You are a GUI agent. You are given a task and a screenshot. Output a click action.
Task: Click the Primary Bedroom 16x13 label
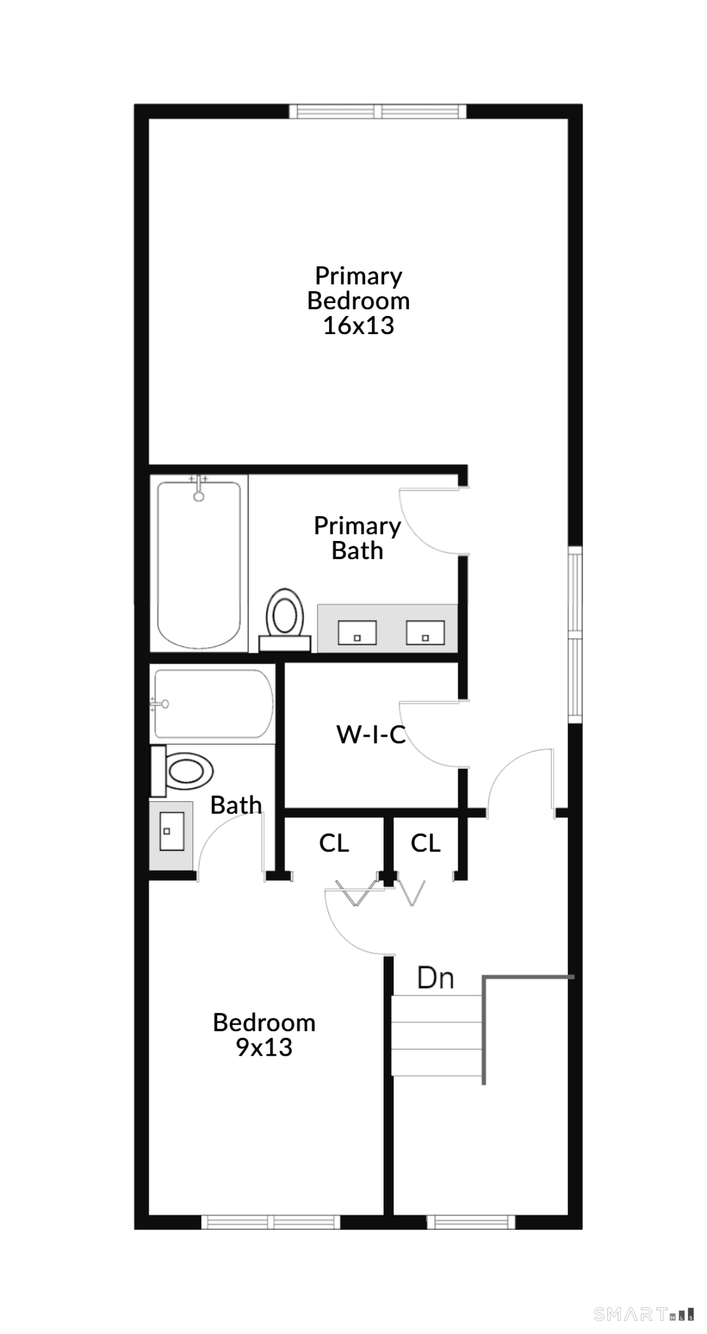tap(359, 301)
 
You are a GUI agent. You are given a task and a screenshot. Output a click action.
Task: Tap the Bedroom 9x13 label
tap(264, 1035)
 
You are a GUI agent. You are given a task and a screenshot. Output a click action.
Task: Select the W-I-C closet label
tap(371, 735)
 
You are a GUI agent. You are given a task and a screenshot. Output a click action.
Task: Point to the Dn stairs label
tap(436, 978)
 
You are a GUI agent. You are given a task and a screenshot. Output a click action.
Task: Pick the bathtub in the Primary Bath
tap(199, 564)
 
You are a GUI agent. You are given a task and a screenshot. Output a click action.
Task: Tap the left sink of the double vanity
tap(357, 633)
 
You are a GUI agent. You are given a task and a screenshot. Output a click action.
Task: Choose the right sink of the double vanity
tap(425, 633)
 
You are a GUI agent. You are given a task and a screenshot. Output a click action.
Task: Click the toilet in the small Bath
tap(182, 771)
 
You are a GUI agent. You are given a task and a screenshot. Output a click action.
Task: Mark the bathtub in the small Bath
tap(213, 704)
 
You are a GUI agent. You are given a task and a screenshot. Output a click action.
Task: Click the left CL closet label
tap(334, 843)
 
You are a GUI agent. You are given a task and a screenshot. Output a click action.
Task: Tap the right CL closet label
tap(426, 843)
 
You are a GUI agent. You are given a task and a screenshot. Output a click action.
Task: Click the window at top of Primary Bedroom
tap(377, 111)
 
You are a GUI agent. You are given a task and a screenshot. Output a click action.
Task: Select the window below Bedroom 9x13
tap(271, 1222)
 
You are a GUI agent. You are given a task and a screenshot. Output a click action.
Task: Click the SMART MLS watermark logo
tap(644, 1314)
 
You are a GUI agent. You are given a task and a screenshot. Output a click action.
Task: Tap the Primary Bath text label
tap(358, 538)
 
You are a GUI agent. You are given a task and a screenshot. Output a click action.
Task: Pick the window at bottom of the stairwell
tap(471, 1222)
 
